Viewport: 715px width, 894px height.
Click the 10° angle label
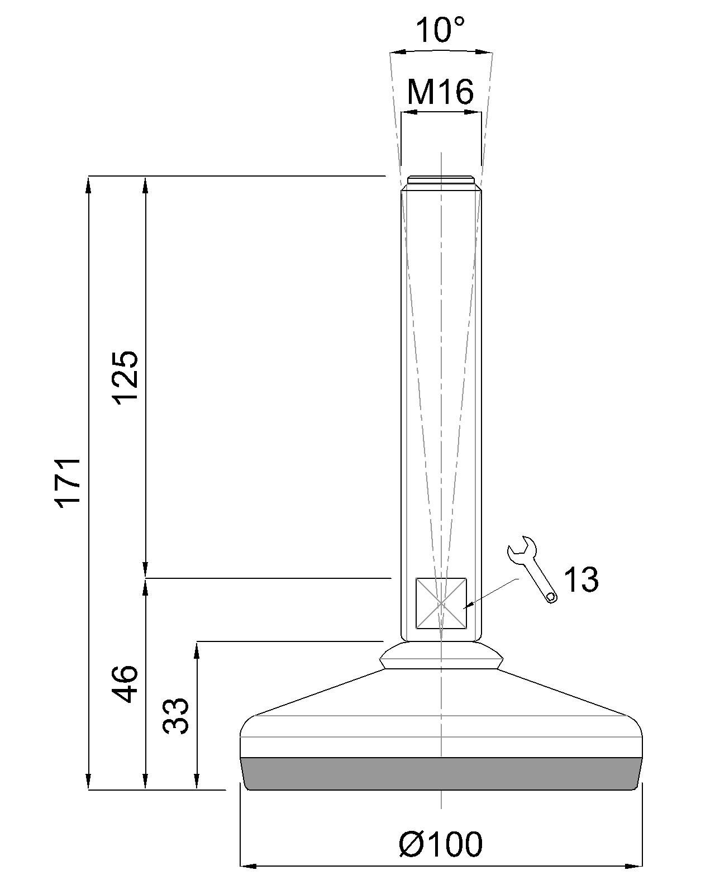point(440,30)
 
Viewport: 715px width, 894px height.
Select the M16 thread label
point(440,92)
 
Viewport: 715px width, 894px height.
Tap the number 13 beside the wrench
point(581,579)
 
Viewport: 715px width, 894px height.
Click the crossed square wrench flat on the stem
point(441,603)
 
